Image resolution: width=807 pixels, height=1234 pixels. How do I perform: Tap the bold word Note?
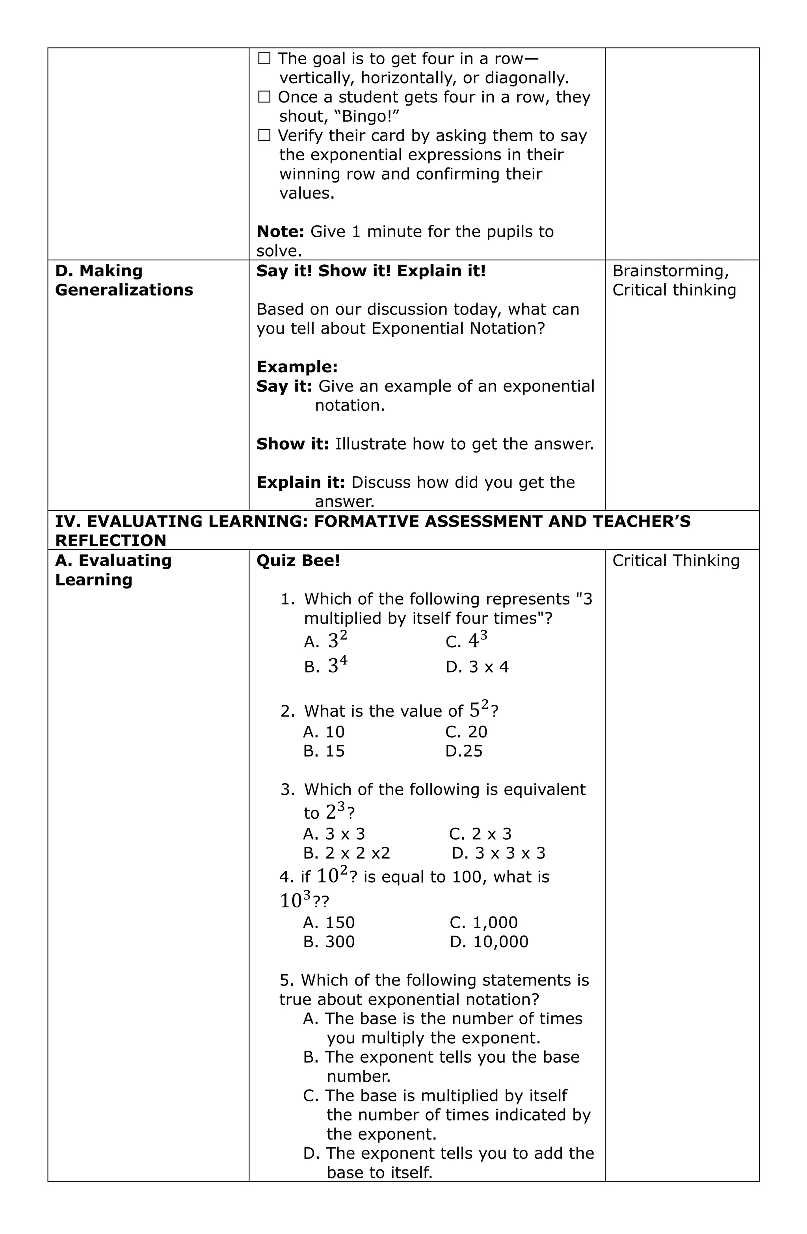pos(280,232)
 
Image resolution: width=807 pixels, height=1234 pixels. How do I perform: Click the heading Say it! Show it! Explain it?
pos(371,271)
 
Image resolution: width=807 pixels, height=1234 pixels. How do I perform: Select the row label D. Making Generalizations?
pos(124,281)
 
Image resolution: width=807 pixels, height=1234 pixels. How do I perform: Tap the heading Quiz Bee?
pos(298,561)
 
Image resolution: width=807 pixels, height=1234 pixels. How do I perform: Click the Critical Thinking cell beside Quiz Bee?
pos(676,561)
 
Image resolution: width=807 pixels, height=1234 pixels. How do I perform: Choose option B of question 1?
pos(326,666)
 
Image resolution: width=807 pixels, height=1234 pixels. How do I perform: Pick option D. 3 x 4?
pos(477,667)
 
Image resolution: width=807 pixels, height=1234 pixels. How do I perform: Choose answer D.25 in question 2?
pos(464,751)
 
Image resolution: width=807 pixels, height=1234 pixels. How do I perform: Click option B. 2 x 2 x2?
pos(346,853)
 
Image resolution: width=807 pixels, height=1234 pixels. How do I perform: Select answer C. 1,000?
pos(484,922)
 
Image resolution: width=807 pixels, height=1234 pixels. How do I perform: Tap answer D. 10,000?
pos(489,942)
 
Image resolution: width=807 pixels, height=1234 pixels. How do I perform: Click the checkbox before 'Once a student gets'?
pos(264,97)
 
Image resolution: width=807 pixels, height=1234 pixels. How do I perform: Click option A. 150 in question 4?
pos(329,922)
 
